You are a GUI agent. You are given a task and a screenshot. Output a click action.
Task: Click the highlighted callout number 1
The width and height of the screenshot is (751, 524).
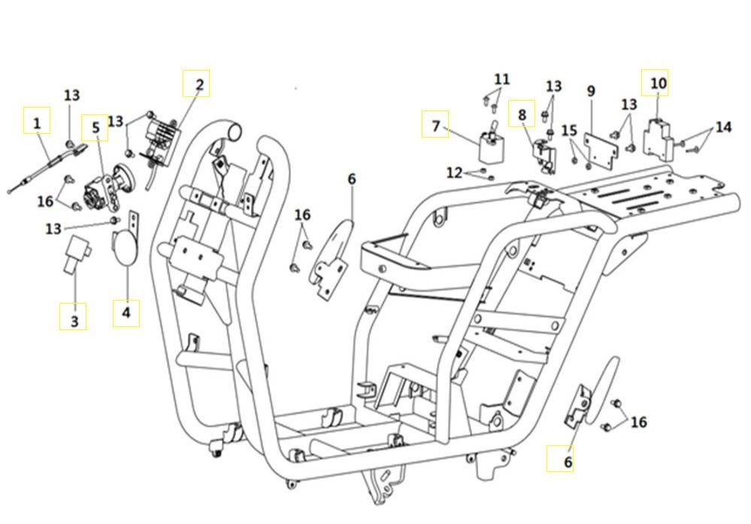37,120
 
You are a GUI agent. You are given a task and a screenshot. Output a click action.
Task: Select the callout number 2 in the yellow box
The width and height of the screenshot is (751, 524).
197,83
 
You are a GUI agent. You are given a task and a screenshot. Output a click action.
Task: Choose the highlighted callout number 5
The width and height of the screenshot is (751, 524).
95,129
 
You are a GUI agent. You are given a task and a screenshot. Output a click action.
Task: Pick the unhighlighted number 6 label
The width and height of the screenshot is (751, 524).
351,180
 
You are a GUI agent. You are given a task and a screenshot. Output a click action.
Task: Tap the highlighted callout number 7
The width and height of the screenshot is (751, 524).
435,126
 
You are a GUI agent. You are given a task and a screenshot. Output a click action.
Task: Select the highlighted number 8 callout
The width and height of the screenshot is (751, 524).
522,114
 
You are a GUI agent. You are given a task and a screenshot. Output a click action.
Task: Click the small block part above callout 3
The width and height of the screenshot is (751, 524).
77,250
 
